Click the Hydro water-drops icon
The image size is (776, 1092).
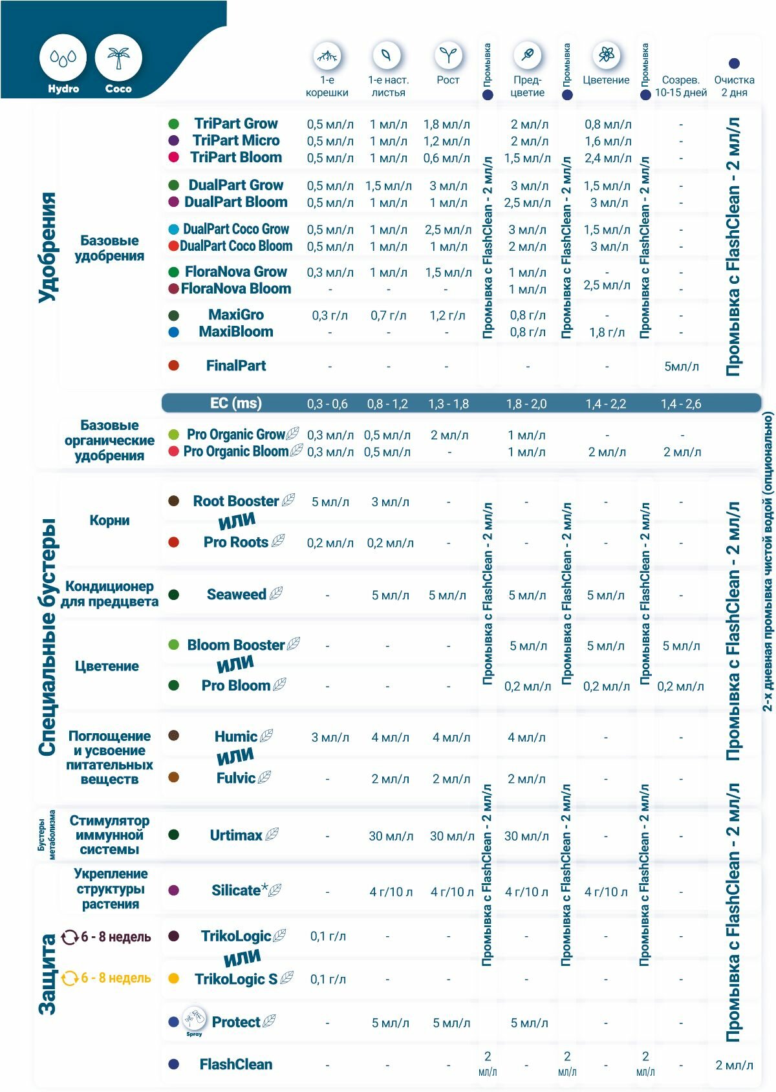pyautogui.click(x=63, y=58)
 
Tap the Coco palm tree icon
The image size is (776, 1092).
pyautogui.click(x=118, y=58)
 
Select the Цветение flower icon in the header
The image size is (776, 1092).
pyautogui.click(x=606, y=55)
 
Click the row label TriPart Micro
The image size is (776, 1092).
pyautogui.click(x=236, y=140)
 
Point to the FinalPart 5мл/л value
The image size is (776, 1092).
pyautogui.click(x=681, y=367)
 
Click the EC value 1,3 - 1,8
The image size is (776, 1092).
pyautogui.click(x=448, y=404)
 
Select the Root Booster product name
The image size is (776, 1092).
pyautogui.click(x=236, y=501)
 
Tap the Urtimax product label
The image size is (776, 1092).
pyautogui.click(x=236, y=835)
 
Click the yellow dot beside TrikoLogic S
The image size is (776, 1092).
pyautogui.click(x=173, y=979)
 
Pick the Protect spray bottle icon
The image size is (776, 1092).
pyautogui.click(x=194, y=1019)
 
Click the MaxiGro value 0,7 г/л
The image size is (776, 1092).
pyautogui.click(x=388, y=316)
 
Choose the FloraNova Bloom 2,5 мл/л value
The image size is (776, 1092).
pyautogui.click(x=607, y=285)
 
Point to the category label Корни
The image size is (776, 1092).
pyautogui.click(x=109, y=520)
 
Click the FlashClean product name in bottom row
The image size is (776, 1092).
pyautogui.click(x=236, y=1064)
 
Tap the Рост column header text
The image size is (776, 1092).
pyautogui.click(x=447, y=80)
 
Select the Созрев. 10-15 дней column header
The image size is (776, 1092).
pyautogui.click(x=680, y=86)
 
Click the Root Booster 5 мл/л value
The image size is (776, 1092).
pyautogui.click(x=330, y=502)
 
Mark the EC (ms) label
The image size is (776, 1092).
pyautogui.click(x=236, y=403)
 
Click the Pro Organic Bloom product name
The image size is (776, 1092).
pyautogui.click(x=236, y=451)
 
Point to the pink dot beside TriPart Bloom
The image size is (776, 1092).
pyautogui.click(x=173, y=157)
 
